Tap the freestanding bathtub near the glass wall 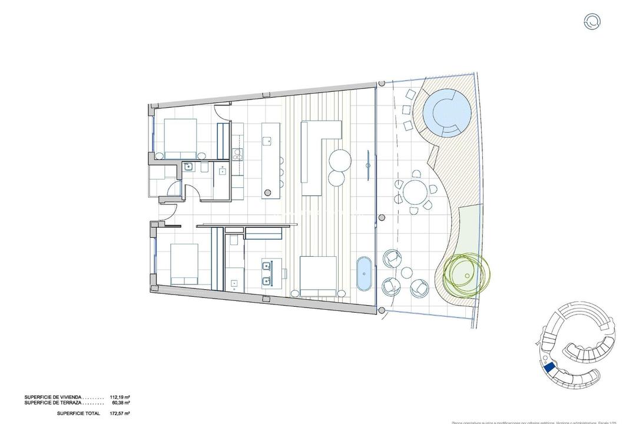(x=365, y=274)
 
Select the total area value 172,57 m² (x=120, y=413)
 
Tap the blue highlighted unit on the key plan (x=549, y=368)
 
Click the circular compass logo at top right (x=592, y=22)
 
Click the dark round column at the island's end (x=269, y=191)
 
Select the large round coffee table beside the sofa (x=340, y=160)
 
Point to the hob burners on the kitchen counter (x=238, y=155)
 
